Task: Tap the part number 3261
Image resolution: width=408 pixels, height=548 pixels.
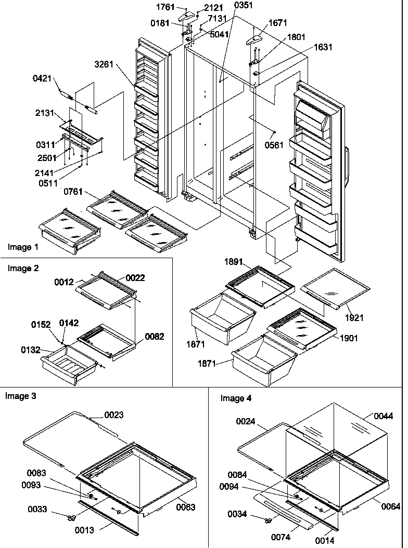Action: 105,65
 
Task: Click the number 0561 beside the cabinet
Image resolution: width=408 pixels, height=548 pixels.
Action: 274,145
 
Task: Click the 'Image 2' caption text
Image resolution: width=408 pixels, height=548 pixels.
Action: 23,269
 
